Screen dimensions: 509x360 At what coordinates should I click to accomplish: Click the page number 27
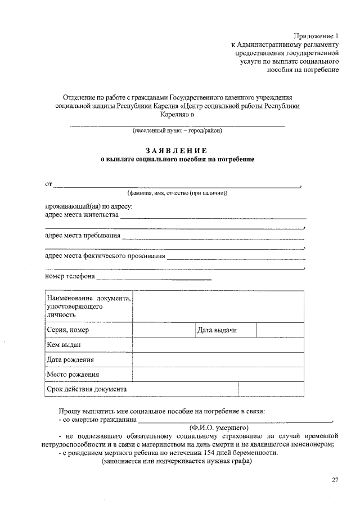pos(335,479)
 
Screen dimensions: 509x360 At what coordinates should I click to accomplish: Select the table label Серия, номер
pos(68,330)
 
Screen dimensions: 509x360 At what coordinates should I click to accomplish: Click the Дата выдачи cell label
pos(217,330)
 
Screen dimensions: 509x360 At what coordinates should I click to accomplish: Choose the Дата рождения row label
pos(70,359)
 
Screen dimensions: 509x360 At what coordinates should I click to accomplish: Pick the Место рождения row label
pos(73,374)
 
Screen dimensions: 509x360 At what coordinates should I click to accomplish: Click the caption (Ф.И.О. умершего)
pos(223,428)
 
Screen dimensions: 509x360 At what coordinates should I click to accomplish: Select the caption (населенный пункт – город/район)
pos(177,132)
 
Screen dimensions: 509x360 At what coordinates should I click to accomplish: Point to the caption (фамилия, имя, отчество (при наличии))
pos(177,193)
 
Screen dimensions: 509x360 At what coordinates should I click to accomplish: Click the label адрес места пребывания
pos(82,235)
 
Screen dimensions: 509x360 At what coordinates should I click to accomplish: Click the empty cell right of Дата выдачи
pos(281,330)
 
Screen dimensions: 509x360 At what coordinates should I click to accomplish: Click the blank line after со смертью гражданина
pos(235,419)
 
